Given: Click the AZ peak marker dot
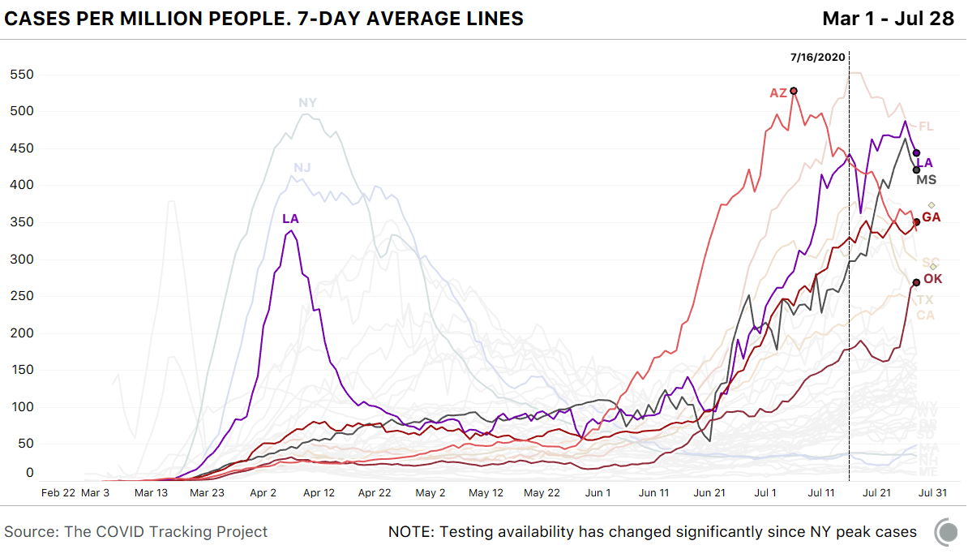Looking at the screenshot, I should (795, 91).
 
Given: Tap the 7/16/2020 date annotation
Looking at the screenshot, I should (818, 57).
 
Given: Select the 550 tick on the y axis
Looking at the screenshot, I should (22, 75).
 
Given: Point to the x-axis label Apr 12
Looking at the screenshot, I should (318, 492).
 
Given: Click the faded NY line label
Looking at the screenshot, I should (307, 103).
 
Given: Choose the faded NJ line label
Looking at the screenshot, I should (302, 168).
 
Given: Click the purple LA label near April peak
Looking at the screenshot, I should (291, 219).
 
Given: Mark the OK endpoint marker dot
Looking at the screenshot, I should (916, 282).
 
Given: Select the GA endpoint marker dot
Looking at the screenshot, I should (917, 221).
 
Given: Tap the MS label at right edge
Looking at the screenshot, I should (927, 179).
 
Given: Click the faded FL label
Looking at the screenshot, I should (926, 127).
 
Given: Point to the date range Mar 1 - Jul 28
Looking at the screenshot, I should (889, 19).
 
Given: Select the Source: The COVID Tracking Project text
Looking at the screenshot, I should (136, 532).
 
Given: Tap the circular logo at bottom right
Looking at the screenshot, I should (946, 532).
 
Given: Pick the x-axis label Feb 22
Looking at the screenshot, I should (59, 492).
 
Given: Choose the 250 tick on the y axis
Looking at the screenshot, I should (22, 297).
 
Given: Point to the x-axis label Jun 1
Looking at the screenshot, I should (598, 492).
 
